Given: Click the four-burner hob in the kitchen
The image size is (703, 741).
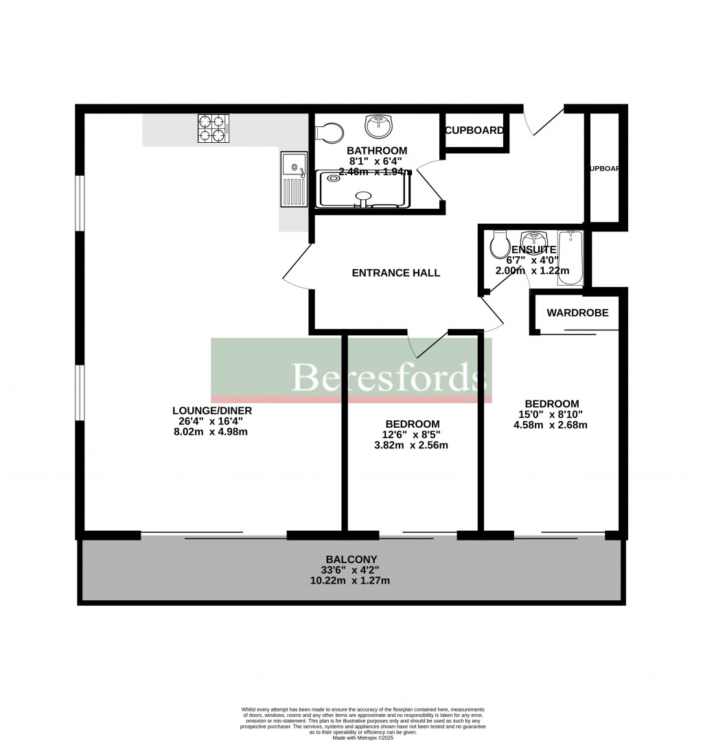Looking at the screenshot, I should [x=213, y=128].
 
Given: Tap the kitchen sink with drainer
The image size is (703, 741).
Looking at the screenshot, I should [x=292, y=180].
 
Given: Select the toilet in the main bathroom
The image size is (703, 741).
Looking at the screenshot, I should [x=330, y=132].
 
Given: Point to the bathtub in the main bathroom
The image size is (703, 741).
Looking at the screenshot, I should [x=364, y=190].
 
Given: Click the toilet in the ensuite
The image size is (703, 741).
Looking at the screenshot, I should [x=499, y=244].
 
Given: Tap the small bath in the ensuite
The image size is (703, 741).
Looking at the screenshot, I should [x=571, y=260].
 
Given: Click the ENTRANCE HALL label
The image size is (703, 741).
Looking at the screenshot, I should [x=395, y=273].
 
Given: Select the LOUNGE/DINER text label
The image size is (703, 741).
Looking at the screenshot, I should [x=212, y=411].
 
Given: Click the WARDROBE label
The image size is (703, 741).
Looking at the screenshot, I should [x=577, y=313].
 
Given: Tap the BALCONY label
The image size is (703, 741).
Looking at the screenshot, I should [x=351, y=559].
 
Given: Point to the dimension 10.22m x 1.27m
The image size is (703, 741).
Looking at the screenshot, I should [x=351, y=580].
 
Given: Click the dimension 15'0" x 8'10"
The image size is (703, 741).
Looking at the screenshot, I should [x=552, y=414].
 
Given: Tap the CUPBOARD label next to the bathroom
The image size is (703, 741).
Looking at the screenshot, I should [x=474, y=130].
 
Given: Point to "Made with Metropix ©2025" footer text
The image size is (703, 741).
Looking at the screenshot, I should [x=363, y=738].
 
